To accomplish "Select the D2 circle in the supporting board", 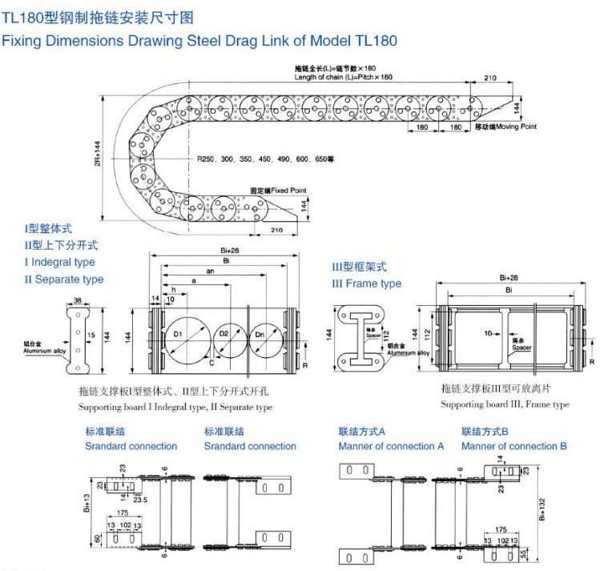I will (229, 334).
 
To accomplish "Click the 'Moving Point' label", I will (505, 127).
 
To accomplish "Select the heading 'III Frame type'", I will (367, 283).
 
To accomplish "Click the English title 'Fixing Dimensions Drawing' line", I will (199, 40).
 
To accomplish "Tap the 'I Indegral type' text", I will (59, 262).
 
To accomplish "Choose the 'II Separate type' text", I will (64, 279).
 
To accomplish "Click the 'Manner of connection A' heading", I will (391, 446).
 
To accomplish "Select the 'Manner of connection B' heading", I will (514, 446).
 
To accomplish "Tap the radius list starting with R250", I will (265, 159).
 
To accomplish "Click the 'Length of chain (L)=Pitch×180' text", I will (344, 77).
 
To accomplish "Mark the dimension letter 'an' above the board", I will (210, 271).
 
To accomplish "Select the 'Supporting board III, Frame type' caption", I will (505, 404).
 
